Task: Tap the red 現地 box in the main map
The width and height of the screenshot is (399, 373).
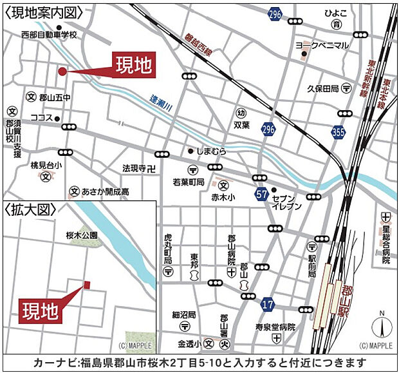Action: (x=134, y=64)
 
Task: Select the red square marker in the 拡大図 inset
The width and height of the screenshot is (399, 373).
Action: (x=87, y=284)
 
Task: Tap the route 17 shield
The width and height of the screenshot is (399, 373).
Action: (x=268, y=302)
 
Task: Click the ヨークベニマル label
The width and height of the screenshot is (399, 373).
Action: (x=322, y=45)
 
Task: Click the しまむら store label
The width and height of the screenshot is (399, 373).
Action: (x=212, y=151)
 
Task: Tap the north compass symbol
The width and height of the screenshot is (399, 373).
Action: (x=381, y=327)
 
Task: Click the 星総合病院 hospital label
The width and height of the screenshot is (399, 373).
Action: (x=386, y=240)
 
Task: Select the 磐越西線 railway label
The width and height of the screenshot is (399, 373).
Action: (x=198, y=47)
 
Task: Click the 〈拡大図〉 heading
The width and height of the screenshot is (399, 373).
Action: (x=30, y=210)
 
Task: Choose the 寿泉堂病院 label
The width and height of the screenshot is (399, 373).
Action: (x=275, y=327)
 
